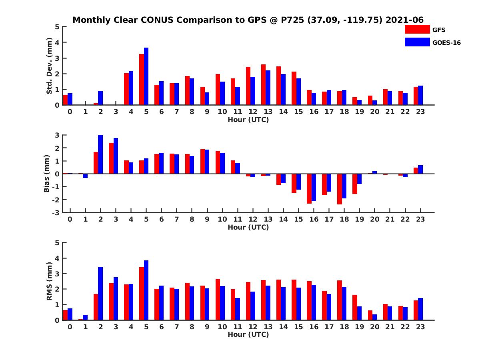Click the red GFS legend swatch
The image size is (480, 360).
tap(417, 29)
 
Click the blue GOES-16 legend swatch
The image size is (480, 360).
tap(417, 42)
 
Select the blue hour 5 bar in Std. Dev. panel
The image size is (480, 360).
tap(146, 76)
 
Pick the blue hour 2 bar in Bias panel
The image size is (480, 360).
tap(100, 154)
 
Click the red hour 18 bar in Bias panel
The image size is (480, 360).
tap(340, 189)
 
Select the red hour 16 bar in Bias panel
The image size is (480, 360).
tap(309, 188)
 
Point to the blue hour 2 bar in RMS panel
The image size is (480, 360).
tap(100, 294)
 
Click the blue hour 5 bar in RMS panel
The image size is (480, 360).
tap(146, 290)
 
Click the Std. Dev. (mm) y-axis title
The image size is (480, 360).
tap(50, 66)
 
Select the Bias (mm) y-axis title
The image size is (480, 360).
tap(47, 173)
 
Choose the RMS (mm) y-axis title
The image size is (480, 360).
tap(50, 281)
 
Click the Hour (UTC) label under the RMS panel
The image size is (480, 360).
tap(248, 334)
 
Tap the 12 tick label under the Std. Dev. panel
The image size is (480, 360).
tap(252, 112)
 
